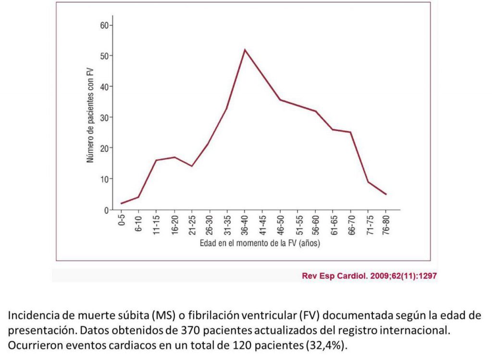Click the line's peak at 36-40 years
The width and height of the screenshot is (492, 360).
point(245,49)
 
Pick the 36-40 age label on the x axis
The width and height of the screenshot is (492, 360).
point(245,225)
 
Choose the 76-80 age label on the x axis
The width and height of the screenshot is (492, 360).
point(386,225)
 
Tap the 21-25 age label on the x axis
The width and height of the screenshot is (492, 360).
point(192,225)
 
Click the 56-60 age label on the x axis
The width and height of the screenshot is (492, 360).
point(315,225)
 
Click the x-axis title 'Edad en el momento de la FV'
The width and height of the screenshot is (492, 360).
point(260,243)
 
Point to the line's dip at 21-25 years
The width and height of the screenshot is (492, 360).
point(192,166)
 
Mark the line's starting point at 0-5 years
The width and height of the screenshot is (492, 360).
point(121,204)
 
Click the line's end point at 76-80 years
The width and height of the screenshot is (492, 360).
point(386,194)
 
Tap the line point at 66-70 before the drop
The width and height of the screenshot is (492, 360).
point(351,132)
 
